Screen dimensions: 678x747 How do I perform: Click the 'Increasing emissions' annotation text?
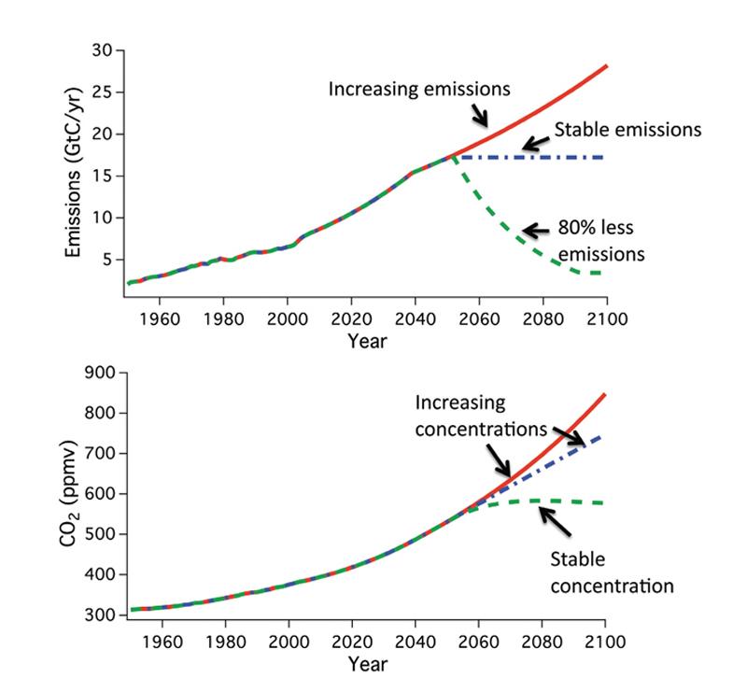click(419, 90)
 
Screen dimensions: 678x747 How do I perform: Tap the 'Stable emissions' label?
click(627, 130)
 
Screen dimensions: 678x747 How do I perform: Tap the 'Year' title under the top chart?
click(367, 341)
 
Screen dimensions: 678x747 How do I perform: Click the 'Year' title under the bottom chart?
click(367, 664)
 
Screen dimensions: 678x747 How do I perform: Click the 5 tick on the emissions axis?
click(107, 260)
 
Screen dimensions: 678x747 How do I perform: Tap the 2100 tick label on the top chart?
click(607, 318)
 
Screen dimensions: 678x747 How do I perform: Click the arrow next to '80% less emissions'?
click(535, 230)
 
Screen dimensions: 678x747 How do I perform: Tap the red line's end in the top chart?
click(607, 66)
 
